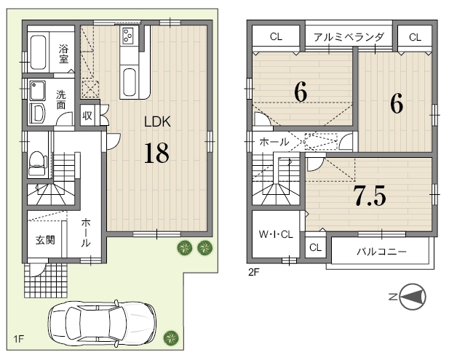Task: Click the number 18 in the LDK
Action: click(x=156, y=153)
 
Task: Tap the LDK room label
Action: click(x=157, y=122)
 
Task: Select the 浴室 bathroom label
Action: click(x=63, y=54)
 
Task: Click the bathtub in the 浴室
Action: click(x=38, y=52)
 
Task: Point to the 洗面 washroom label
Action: click(x=60, y=100)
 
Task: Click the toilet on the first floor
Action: click(x=38, y=163)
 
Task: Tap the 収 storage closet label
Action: click(x=87, y=116)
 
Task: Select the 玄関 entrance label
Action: click(x=45, y=240)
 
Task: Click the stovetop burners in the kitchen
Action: click(x=127, y=36)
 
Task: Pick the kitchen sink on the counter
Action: click(x=129, y=82)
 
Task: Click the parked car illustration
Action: click(x=102, y=322)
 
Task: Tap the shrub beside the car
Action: click(x=171, y=338)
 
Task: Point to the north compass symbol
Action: click(x=410, y=297)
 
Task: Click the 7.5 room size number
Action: click(x=370, y=196)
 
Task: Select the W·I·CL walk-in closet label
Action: click(x=276, y=235)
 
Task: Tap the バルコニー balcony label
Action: click(x=382, y=252)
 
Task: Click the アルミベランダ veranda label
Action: click(x=349, y=37)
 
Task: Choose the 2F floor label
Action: click(x=253, y=272)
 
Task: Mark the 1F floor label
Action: click(x=18, y=339)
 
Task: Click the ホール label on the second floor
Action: click(x=274, y=142)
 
